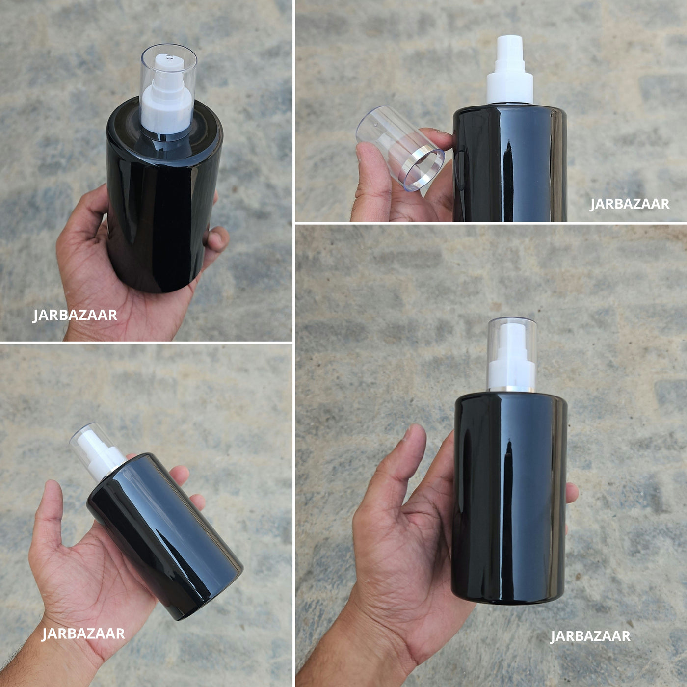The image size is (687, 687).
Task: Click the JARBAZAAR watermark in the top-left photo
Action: tap(75, 316)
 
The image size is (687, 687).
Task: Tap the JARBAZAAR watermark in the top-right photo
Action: tap(629, 204)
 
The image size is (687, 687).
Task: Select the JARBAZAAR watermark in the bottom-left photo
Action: tap(83, 634)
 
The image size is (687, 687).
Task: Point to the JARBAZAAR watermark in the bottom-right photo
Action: tap(590, 636)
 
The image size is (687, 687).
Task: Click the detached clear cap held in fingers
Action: tap(400, 148)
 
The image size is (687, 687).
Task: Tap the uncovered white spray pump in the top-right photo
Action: tap(510, 70)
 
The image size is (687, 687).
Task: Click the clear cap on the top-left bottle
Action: tap(168, 89)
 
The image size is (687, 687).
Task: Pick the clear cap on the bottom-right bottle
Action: tap(512, 354)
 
